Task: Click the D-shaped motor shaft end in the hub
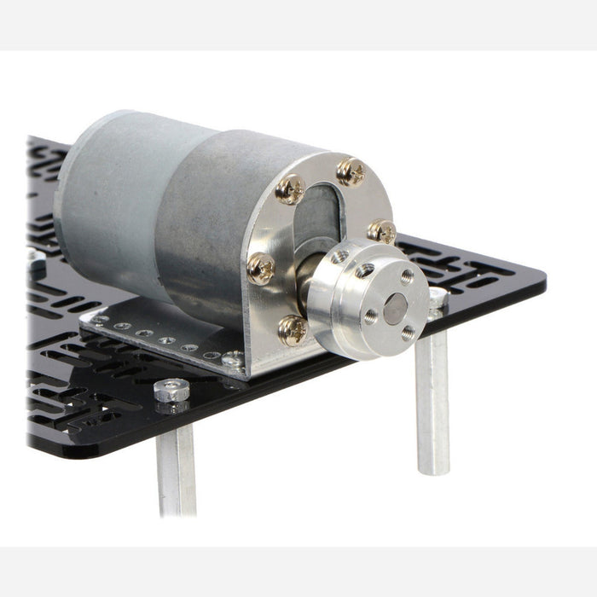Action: point(394,308)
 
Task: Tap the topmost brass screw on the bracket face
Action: point(351,171)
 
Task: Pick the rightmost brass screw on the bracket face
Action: point(381,231)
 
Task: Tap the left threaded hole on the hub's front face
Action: point(371,316)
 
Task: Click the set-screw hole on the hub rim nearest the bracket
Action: point(339,256)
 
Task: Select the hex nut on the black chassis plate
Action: point(171,391)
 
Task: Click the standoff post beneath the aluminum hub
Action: point(432,401)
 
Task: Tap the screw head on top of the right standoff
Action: point(438,296)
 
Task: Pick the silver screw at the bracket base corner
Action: point(231,359)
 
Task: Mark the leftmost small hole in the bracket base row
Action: point(102,321)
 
